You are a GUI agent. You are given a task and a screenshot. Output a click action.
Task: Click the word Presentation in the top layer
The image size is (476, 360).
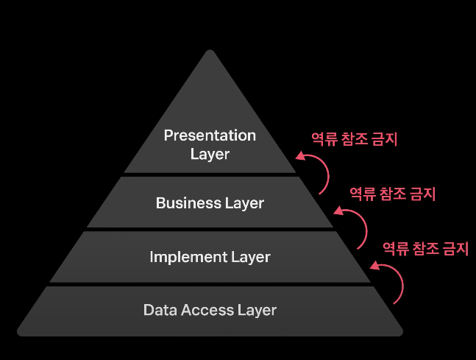point(210,135)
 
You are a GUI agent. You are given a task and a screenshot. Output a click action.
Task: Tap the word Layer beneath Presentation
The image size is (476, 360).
point(210,154)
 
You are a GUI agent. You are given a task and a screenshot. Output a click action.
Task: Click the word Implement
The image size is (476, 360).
point(184,257)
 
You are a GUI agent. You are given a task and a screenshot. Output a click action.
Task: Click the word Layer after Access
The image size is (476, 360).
point(257,309)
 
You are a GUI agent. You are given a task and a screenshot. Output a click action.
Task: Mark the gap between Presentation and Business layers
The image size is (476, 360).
point(210,174)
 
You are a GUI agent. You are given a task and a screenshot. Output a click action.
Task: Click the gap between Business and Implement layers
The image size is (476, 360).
point(210,229)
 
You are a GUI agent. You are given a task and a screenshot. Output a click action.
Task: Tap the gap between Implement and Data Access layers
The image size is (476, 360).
point(210,284)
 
